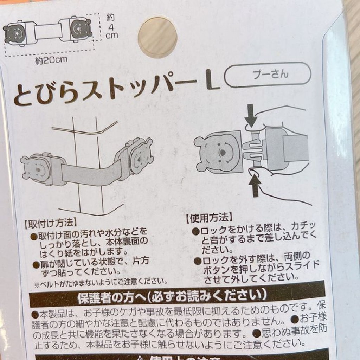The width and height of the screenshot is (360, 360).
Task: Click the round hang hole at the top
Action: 158,38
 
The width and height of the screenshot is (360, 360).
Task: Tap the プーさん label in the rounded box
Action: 268,74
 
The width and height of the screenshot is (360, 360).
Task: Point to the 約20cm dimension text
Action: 51,60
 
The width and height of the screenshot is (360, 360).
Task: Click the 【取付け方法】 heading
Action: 49,223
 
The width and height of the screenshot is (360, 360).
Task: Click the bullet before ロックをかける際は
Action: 195,231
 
